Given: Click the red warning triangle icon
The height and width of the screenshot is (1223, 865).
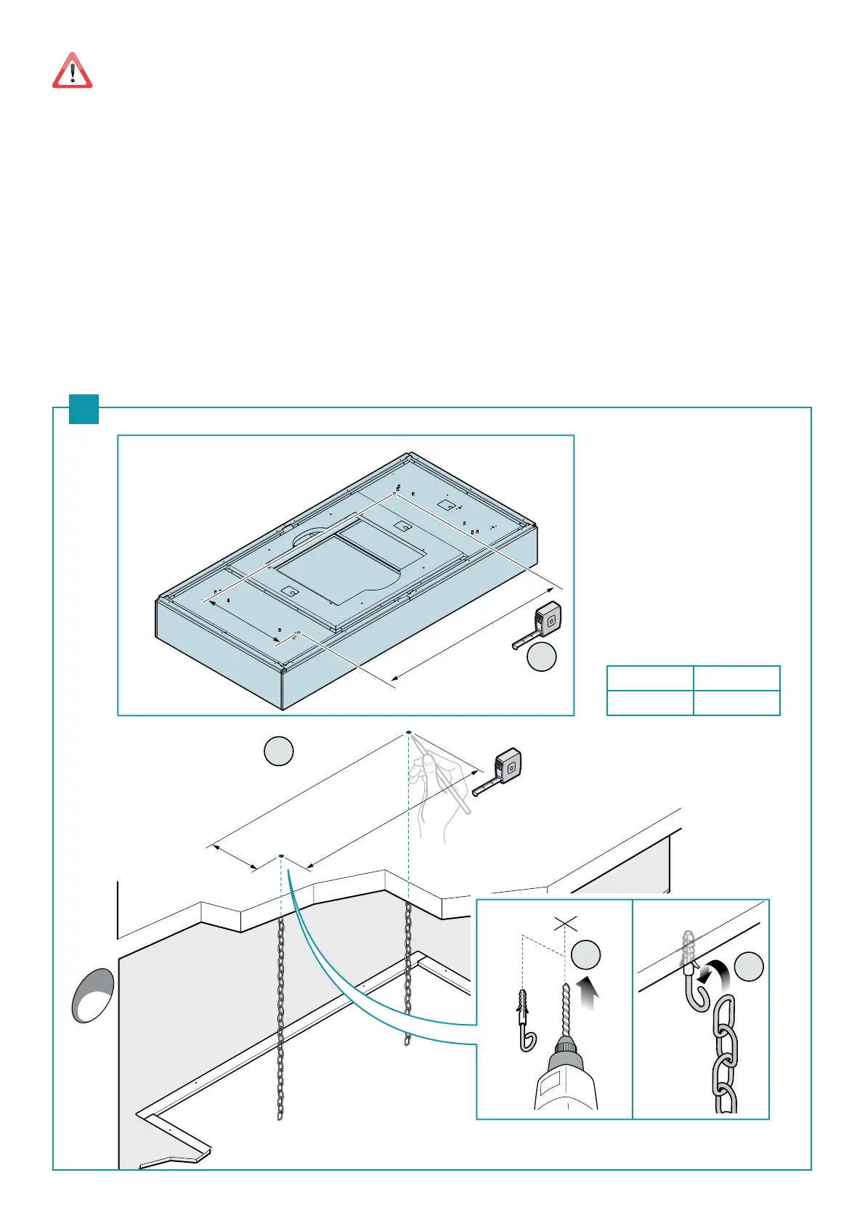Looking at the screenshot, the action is pyautogui.click(x=72, y=71).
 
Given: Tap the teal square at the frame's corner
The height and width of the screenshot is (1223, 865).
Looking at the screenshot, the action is pyautogui.click(x=84, y=408).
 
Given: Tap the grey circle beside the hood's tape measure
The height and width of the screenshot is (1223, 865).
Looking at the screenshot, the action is pyautogui.click(x=541, y=657).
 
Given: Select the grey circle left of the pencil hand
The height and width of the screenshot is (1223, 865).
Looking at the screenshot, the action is pyautogui.click(x=278, y=751).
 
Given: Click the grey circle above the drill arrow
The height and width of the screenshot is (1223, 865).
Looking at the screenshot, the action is pyautogui.click(x=585, y=954).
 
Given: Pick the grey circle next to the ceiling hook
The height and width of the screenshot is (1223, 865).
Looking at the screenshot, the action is pyautogui.click(x=749, y=967).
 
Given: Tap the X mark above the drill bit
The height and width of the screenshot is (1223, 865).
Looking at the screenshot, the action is pyautogui.click(x=565, y=924).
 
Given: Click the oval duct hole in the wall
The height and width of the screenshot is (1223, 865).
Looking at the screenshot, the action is pyautogui.click(x=93, y=995).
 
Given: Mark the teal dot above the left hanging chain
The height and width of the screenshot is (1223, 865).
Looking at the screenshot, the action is pyautogui.click(x=281, y=856).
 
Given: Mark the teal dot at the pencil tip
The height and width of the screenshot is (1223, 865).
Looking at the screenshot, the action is pyautogui.click(x=409, y=732).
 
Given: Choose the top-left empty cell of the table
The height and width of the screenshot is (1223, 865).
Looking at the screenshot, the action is pyautogui.click(x=649, y=678).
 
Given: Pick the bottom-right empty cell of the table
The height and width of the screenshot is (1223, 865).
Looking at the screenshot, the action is pyautogui.click(x=736, y=702).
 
